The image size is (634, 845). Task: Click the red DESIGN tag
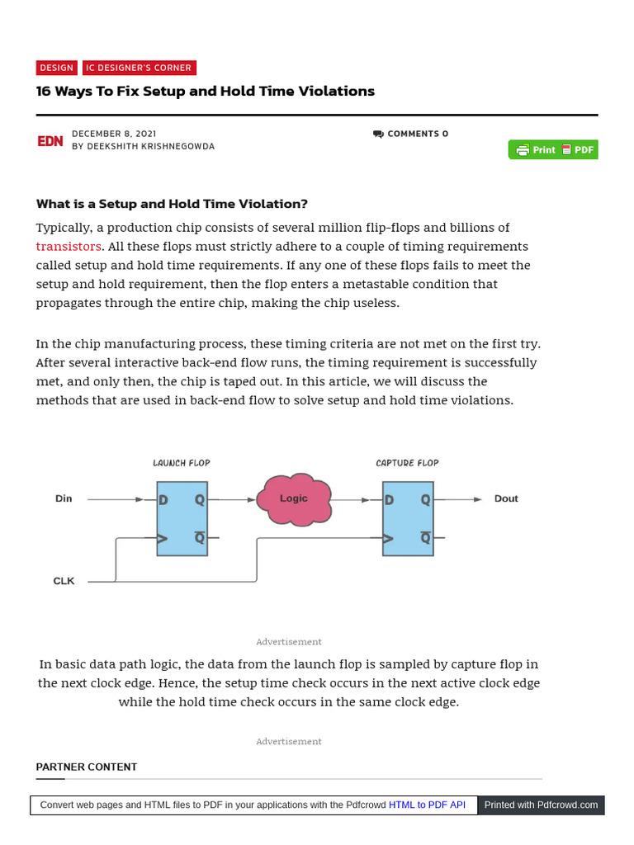pos(57,68)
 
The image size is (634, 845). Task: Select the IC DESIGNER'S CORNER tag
pos(139,68)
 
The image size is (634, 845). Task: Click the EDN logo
pos(50,141)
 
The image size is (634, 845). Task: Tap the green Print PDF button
pos(553,150)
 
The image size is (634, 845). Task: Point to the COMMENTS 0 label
pos(411,134)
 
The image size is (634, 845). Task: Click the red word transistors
pos(69,247)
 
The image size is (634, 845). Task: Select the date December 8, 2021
pos(114,134)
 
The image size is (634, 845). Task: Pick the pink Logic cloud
pos(294,498)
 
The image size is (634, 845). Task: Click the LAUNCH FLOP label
pos(182,463)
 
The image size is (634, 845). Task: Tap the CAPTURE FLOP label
pos(407,463)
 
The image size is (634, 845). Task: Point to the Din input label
pos(64,498)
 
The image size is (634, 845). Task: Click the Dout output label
pos(506,498)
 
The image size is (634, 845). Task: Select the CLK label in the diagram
pos(64,581)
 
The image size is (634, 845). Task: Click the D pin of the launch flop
pos(164,500)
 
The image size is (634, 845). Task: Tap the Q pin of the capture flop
pos(425,500)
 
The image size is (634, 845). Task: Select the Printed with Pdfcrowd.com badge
pos(541,805)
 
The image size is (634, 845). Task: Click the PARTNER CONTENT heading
pos(87,767)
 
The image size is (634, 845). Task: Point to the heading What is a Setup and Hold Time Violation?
pos(172,204)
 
